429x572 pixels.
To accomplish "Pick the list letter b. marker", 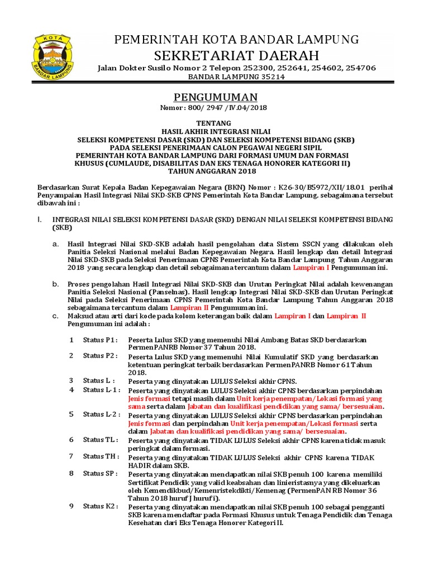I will point(55,284).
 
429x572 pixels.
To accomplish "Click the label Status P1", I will point(100,340).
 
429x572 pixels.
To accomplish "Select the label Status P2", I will point(100,355).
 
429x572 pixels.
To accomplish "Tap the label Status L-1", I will point(101,389).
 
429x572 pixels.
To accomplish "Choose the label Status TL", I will point(101,439).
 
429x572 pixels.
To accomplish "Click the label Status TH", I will point(101,456).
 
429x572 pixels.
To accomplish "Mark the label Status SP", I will point(101,473).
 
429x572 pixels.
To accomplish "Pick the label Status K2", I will point(101,506).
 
